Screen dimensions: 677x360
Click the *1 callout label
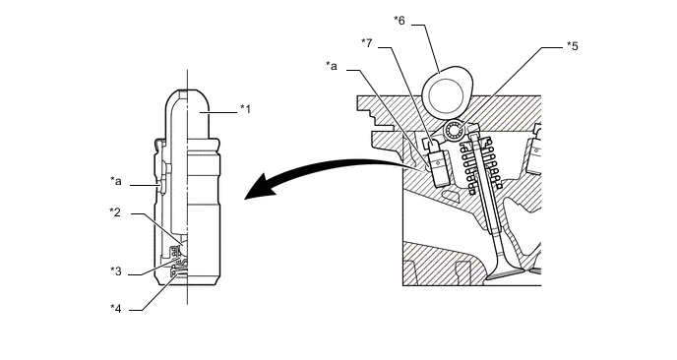click(x=245, y=109)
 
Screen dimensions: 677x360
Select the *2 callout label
click(x=115, y=211)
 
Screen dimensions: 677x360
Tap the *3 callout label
click(x=116, y=271)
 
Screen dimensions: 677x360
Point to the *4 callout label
click(x=116, y=308)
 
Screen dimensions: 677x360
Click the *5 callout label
click(x=572, y=46)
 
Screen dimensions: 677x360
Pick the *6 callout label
click(x=400, y=21)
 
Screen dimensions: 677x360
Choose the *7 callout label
click(x=367, y=42)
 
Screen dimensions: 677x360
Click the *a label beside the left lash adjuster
click(x=116, y=181)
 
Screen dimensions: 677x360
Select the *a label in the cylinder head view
click(x=332, y=66)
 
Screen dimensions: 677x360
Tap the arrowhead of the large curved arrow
click(x=259, y=187)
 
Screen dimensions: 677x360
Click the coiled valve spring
click(x=481, y=163)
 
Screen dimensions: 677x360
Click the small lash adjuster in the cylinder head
click(x=438, y=164)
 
